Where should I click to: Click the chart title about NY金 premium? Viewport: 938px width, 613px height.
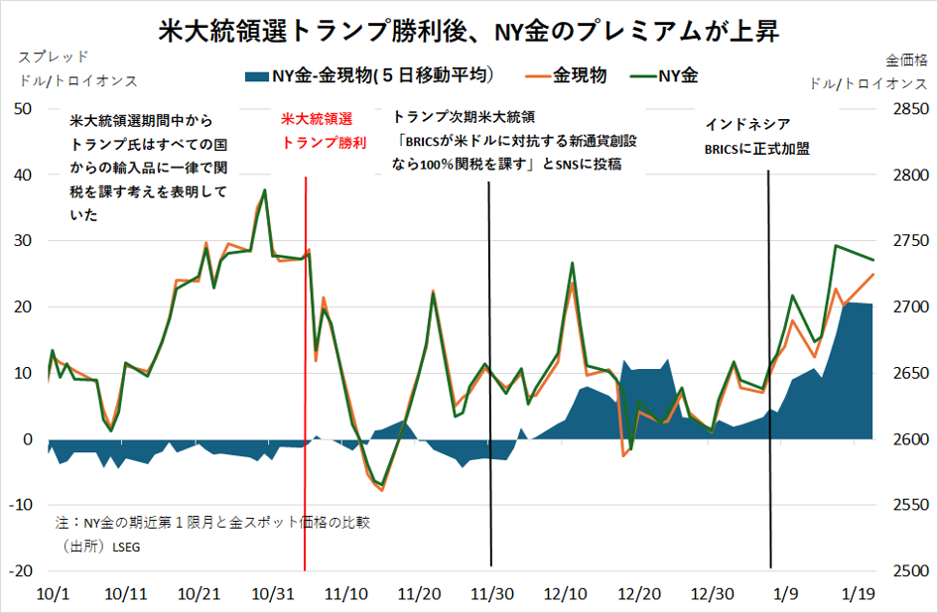click(469, 31)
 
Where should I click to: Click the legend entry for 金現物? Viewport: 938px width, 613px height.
click(579, 74)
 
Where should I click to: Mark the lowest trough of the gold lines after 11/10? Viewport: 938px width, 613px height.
click(381, 488)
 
